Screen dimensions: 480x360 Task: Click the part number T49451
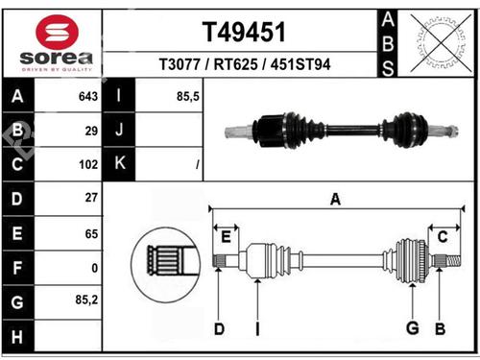click(244, 32)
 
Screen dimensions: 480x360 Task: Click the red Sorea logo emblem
click(57, 32)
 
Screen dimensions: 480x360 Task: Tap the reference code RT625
click(235, 64)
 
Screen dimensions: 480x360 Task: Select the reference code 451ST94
click(300, 64)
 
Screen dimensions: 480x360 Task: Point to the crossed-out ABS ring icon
click(441, 43)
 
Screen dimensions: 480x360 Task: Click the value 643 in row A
click(88, 96)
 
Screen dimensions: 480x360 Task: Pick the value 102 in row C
click(88, 164)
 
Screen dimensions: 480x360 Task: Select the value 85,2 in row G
click(86, 300)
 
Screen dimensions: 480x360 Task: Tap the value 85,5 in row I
click(188, 96)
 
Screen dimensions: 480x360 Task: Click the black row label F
click(17, 268)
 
